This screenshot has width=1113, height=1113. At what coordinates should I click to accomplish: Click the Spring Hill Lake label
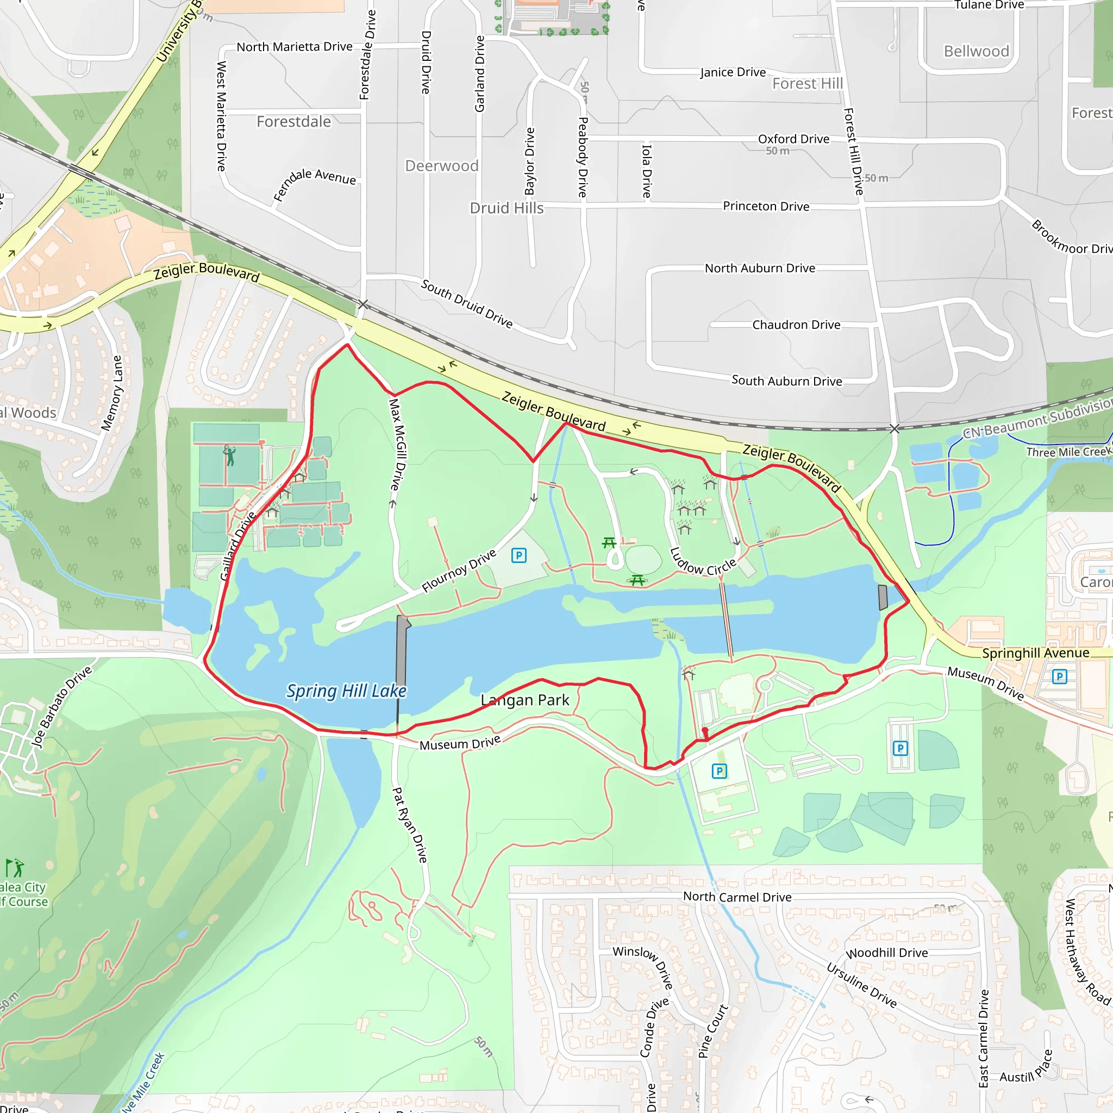pyautogui.click(x=346, y=691)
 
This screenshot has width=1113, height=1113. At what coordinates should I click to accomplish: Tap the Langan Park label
pyautogui.click(x=525, y=700)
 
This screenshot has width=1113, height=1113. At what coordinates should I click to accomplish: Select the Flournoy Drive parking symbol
pyautogui.click(x=518, y=555)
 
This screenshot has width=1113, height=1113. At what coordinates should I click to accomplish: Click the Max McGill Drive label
pyautogui.click(x=397, y=444)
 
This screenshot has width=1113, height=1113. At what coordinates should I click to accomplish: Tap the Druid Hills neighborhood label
pyautogui.click(x=507, y=208)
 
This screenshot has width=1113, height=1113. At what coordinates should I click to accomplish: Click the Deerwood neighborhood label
pyautogui.click(x=442, y=166)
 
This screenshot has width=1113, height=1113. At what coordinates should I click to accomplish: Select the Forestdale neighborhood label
pyautogui.click(x=294, y=122)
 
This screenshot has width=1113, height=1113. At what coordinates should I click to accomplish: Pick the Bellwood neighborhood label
pyautogui.click(x=976, y=51)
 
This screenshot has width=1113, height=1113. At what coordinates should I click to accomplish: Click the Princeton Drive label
pyautogui.click(x=766, y=206)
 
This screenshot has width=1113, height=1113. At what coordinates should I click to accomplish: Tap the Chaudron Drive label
pyautogui.click(x=796, y=325)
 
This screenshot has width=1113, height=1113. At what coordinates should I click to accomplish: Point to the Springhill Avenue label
pyautogui.click(x=1035, y=653)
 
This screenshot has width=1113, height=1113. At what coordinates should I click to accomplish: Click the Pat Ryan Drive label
pyautogui.click(x=410, y=825)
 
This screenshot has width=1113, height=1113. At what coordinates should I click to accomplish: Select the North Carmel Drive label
pyautogui.click(x=737, y=897)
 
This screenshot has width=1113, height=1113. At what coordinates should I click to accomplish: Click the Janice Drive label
pyautogui.click(x=733, y=72)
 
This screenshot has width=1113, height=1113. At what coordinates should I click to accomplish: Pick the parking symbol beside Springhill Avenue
pyautogui.click(x=1059, y=676)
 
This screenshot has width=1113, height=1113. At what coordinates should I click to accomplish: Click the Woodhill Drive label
pyautogui.click(x=886, y=953)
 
